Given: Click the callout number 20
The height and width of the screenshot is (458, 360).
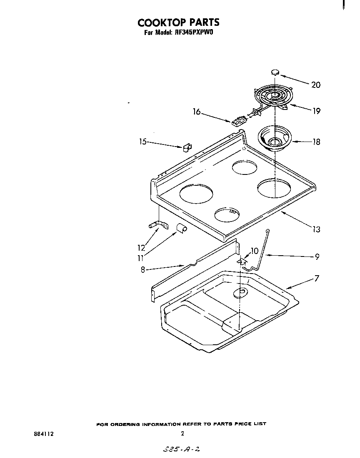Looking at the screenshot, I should pyautogui.click(x=316, y=85).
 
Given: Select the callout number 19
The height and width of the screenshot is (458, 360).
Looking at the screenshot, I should pyautogui.click(x=316, y=111).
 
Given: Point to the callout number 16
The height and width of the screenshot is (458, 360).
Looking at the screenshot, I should pyautogui.click(x=197, y=112).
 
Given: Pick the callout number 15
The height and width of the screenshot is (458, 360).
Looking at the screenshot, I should pyautogui.click(x=143, y=142).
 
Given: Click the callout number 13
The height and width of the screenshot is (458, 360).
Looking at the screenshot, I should pyautogui.click(x=316, y=229).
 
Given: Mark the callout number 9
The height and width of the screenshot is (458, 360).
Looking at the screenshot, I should pyautogui.click(x=317, y=257).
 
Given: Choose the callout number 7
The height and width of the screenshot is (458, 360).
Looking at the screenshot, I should pyautogui.click(x=317, y=278).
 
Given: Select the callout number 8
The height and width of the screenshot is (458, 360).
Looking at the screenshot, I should pyautogui.click(x=143, y=269).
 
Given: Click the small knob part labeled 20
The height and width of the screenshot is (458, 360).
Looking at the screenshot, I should pyautogui.click(x=275, y=72).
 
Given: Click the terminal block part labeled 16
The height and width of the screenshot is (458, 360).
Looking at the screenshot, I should pyautogui.click(x=238, y=121).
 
